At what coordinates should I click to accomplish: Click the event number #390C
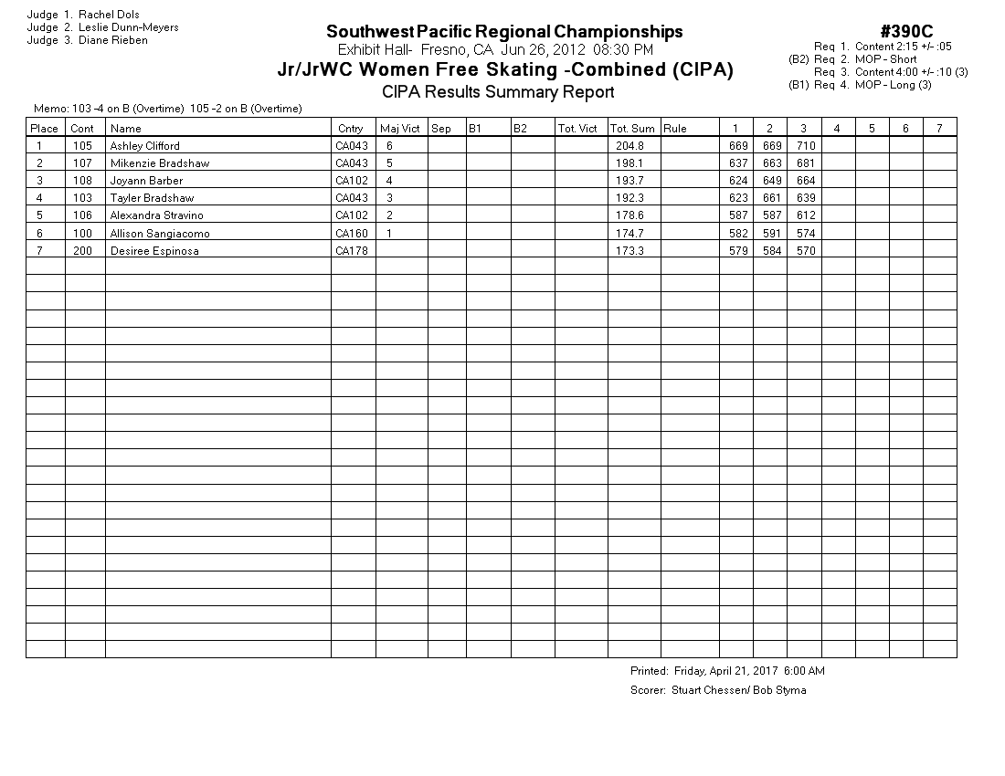[x=906, y=32]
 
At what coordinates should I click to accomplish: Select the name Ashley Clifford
[x=144, y=146]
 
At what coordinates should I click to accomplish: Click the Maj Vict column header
[x=399, y=129]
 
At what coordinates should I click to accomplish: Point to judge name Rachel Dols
[x=109, y=15]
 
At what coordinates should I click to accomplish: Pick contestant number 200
[x=83, y=251]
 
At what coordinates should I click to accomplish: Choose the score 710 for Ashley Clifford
[x=806, y=146]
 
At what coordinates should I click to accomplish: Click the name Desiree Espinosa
[x=154, y=251]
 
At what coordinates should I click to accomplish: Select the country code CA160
[x=351, y=234]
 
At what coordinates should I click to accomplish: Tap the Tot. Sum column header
[x=632, y=129]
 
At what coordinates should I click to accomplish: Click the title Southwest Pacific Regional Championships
[x=504, y=32]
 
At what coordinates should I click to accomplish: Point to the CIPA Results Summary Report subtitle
[x=498, y=92]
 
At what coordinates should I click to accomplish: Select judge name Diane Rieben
[x=113, y=40]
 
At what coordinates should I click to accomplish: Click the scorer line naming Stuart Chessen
[x=718, y=690]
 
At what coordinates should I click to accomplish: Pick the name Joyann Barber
[x=146, y=181]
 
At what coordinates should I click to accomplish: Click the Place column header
[x=44, y=129]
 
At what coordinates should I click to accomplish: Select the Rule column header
[x=675, y=129]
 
